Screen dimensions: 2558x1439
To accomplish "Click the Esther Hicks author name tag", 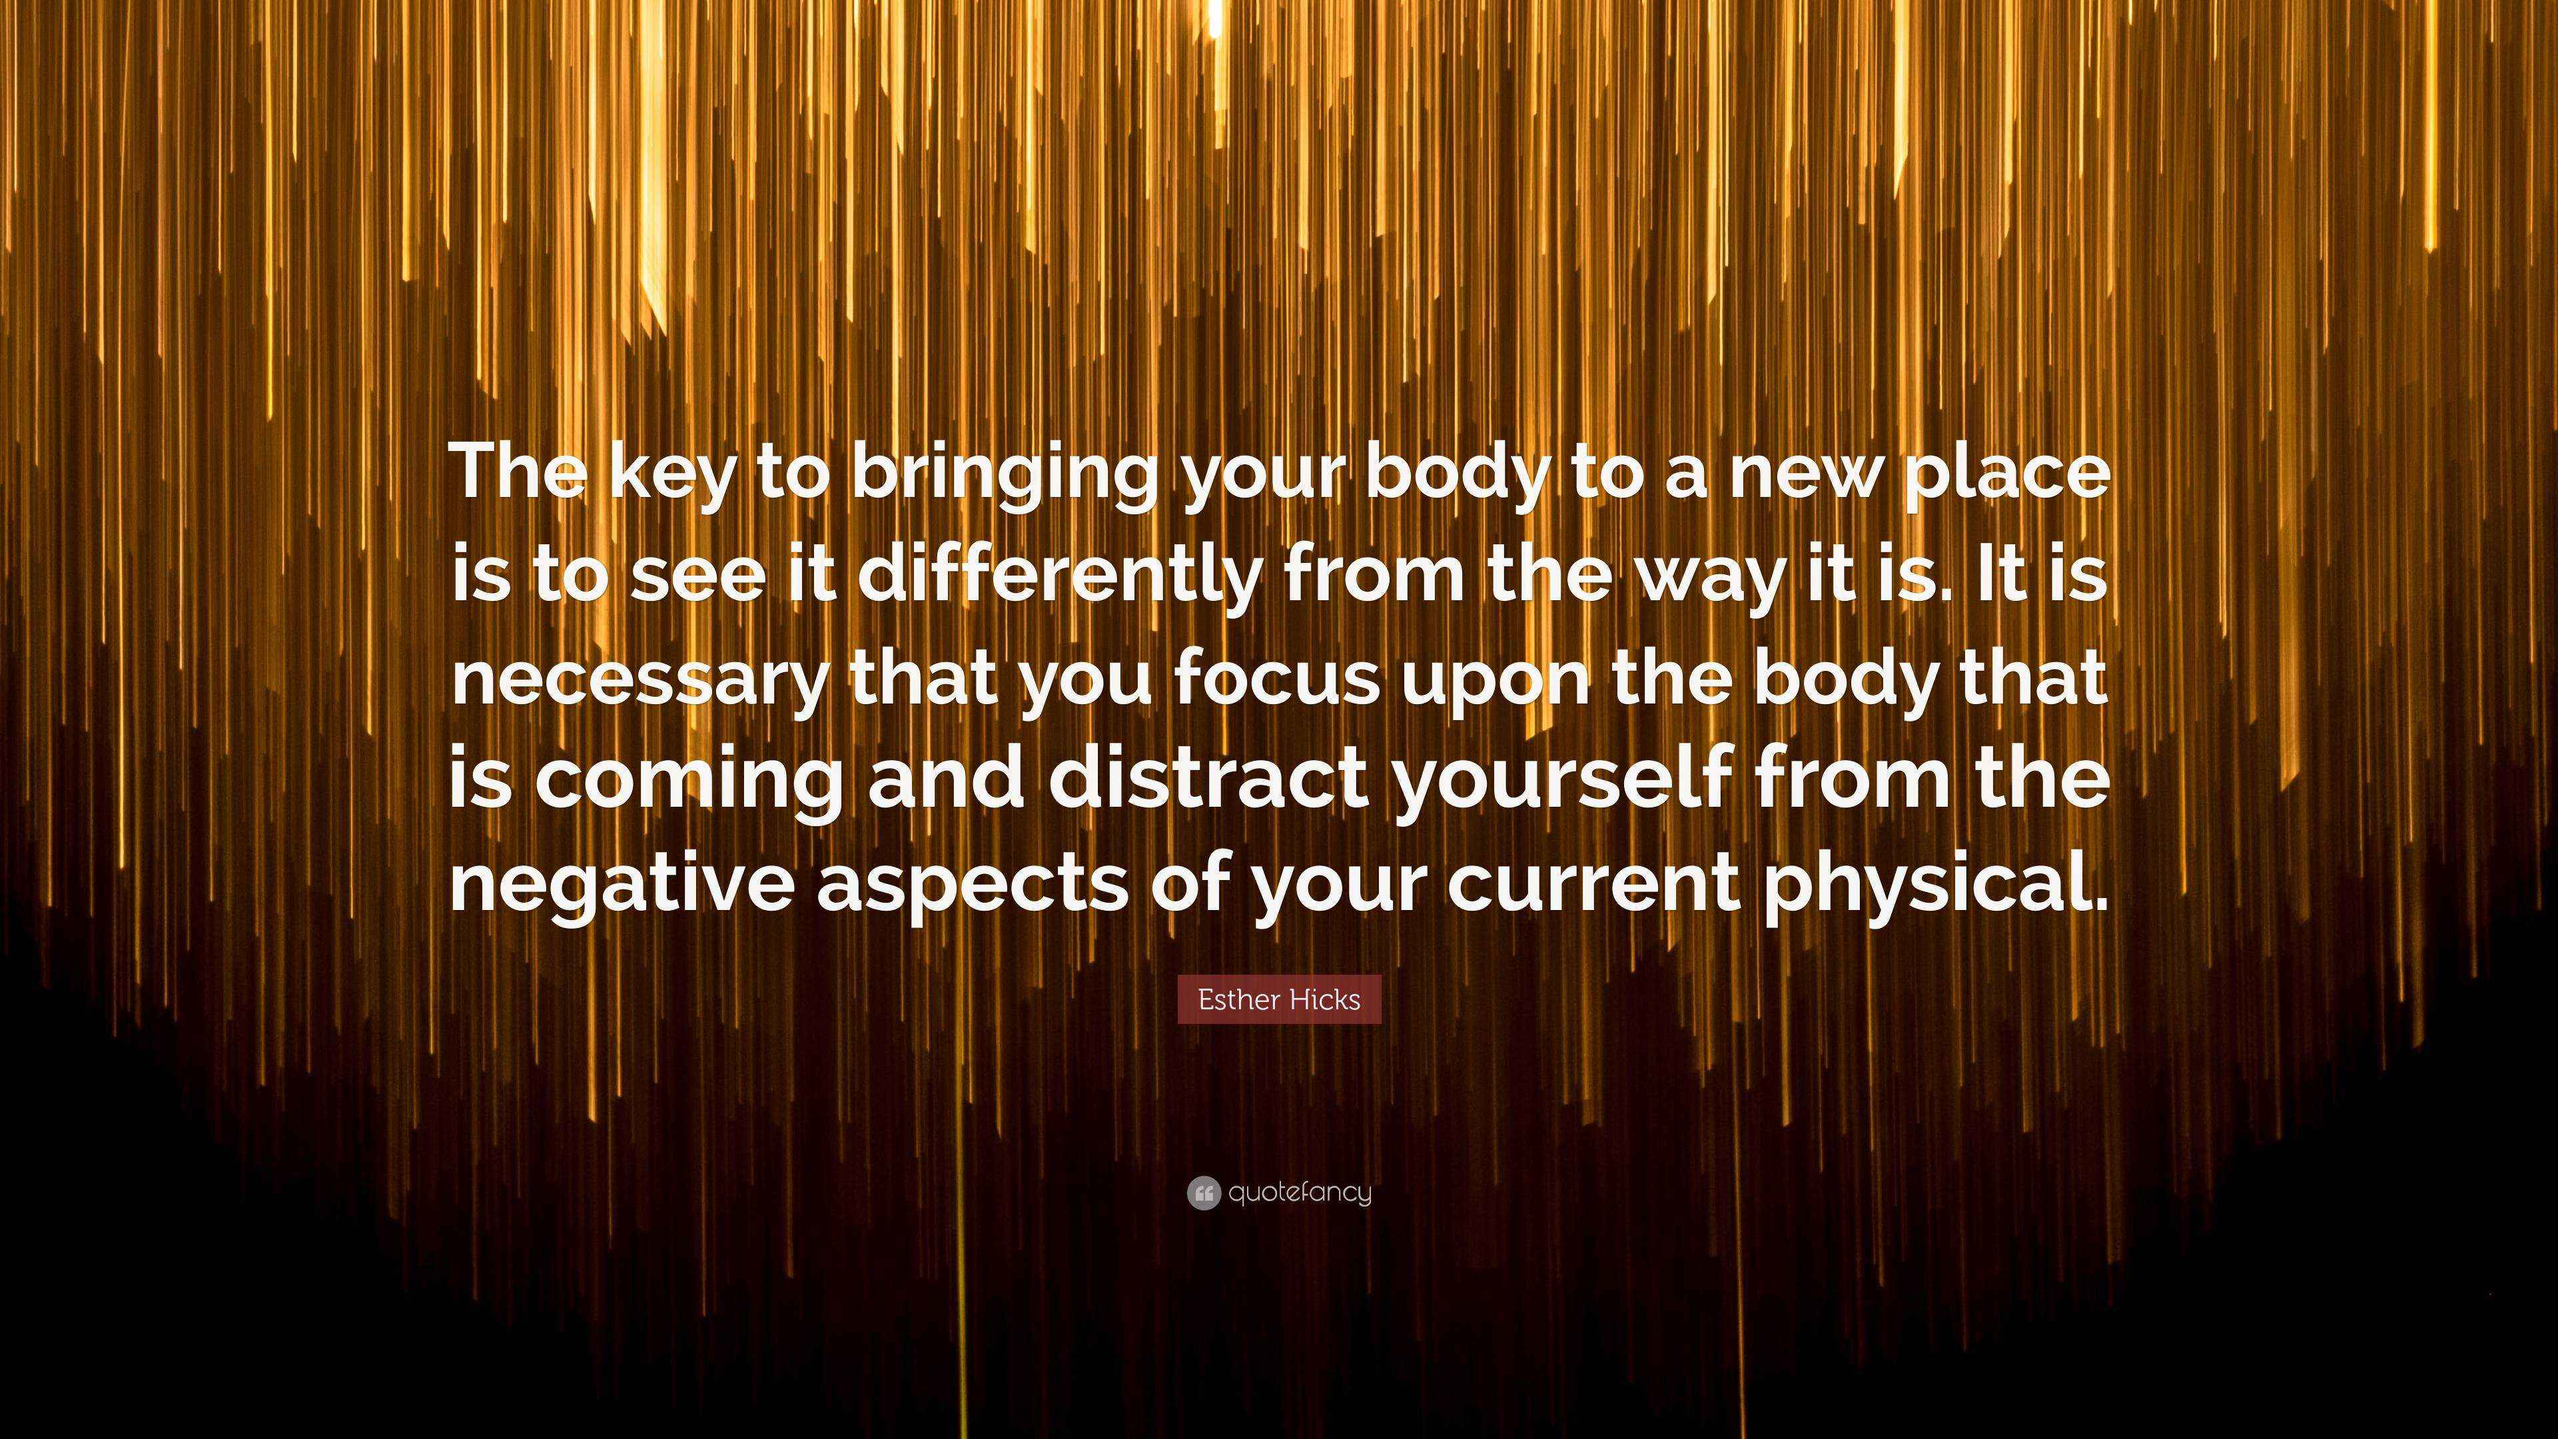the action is coord(1279,999).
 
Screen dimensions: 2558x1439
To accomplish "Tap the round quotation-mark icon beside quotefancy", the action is coord(1202,1193).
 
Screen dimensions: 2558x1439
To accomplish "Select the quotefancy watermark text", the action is coord(1300,1193).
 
